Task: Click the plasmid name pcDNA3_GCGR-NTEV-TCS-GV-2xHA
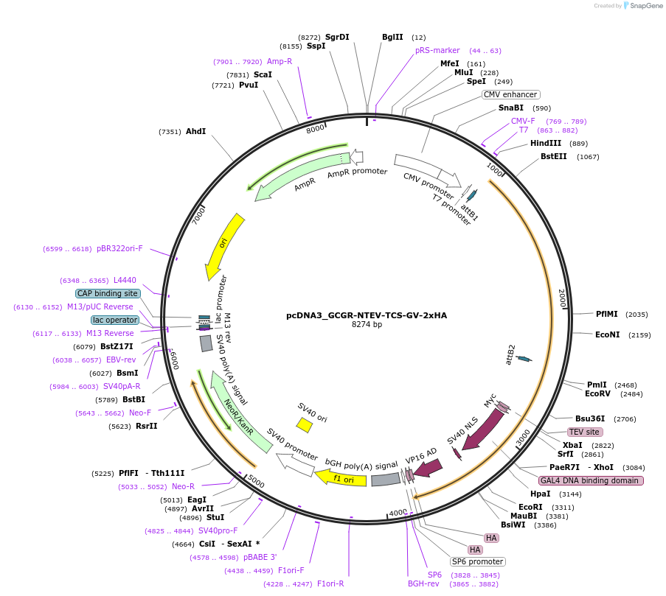(367, 315)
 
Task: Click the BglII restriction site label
(392, 37)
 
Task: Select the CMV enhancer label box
(510, 94)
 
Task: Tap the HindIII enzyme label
(546, 144)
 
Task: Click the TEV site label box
(584, 432)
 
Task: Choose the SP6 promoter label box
(477, 561)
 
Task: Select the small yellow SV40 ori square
(304, 424)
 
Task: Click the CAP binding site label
(107, 293)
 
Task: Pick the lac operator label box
(114, 320)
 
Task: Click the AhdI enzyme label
(195, 131)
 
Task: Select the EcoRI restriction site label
(530, 507)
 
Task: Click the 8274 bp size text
(367, 325)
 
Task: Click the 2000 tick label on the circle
(562, 298)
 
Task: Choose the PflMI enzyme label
(608, 314)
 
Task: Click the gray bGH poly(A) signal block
(385, 480)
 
